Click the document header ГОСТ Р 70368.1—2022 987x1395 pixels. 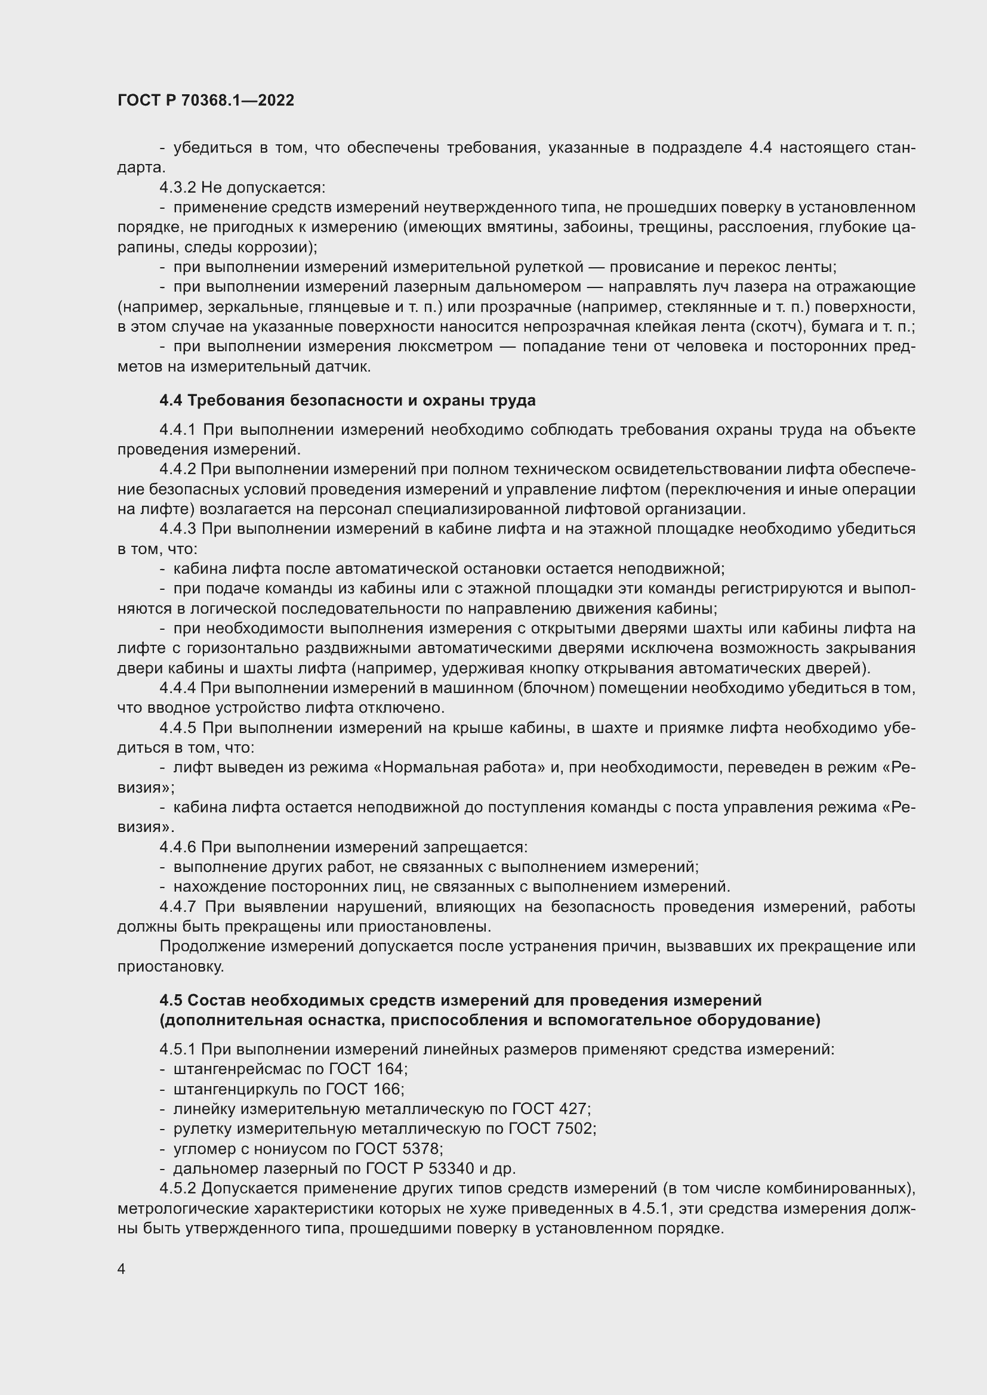click(x=205, y=101)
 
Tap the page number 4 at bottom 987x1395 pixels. click(x=122, y=1269)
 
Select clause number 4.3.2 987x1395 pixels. click(x=177, y=188)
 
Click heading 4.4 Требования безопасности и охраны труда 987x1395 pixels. click(x=347, y=400)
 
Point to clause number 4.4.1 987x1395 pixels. click(x=177, y=430)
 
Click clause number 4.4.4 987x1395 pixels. click(x=177, y=688)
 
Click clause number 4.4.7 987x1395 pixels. click(x=177, y=907)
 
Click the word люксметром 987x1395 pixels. click(x=448, y=347)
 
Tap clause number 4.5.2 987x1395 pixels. click(x=177, y=1189)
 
